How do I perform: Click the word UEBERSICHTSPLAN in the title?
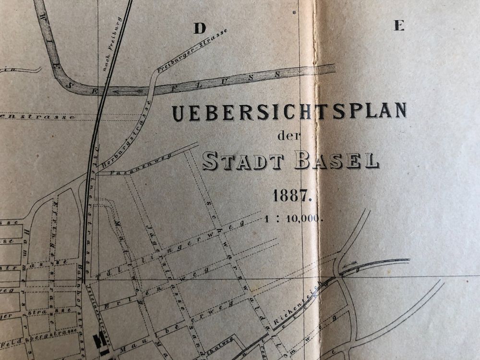pyautogui.click(x=289, y=111)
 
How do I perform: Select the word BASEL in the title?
pyautogui.click(x=336, y=160)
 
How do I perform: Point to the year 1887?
pyautogui.click(x=293, y=196)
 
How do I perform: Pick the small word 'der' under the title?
pyautogui.click(x=288, y=136)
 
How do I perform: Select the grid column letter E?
pyautogui.click(x=399, y=26)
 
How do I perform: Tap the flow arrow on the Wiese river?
pyautogui.click(x=127, y=90)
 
